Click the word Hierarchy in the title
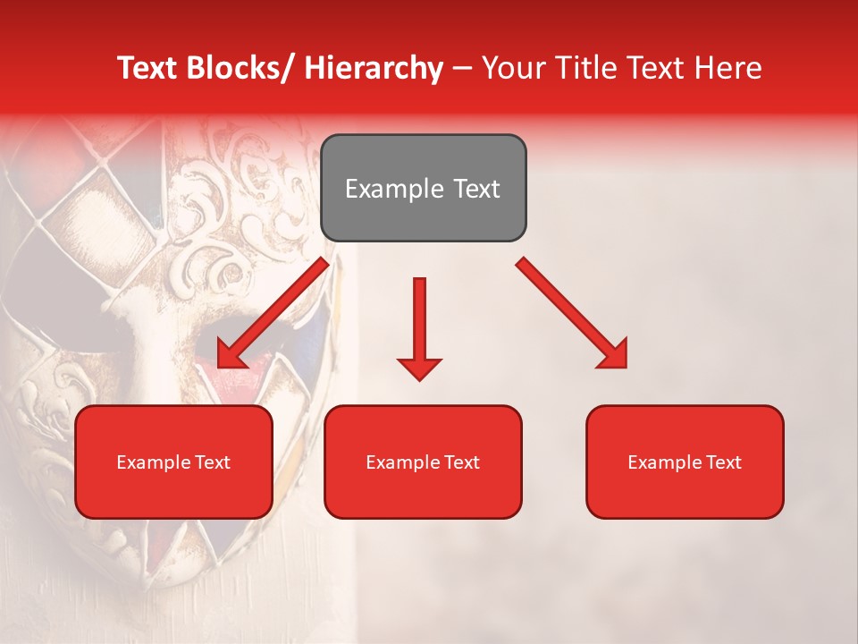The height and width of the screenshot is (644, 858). pyautogui.click(x=374, y=68)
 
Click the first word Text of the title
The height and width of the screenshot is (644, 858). pyautogui.click(x=150, y=68)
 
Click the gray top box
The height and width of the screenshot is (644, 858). pyautogui.click(x=423, y=188)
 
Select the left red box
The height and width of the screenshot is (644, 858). pyautogui.click(x=173, y=462)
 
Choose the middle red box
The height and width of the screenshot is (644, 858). pyautogui.click(x=423, y=462)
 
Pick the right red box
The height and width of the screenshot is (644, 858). pyautogui.click(x=685, y=462)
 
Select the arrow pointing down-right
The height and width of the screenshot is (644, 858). pyautogui.click(x=572, y=313)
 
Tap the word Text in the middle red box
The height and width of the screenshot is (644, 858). pyautogui.click(x=461, y=462)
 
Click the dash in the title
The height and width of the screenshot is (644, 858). pyautogui.click(x=462, y=68)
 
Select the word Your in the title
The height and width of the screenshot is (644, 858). pyautogui.click(x=511, y=68)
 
